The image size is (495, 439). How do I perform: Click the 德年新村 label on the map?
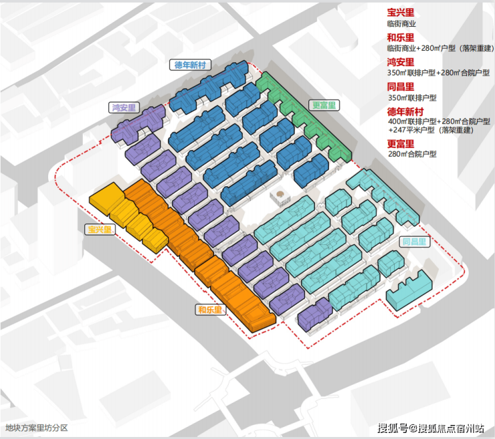[192, 65]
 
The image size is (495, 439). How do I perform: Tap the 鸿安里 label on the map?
[124, 106]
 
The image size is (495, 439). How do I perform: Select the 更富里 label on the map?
[324, 105]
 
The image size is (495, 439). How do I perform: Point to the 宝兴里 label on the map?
[99, 230]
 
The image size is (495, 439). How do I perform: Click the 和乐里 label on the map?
[210, 310]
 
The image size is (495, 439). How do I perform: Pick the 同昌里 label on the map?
[413, 242]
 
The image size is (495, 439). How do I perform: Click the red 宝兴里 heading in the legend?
[400, 12]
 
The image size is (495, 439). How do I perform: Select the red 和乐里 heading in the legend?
[400, 37]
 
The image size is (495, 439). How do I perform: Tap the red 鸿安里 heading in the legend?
[400, 62]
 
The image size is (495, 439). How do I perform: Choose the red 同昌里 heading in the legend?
[400, 87]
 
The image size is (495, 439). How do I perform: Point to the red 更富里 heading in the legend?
[400, 143]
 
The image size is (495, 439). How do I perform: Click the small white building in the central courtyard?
[278, 197]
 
